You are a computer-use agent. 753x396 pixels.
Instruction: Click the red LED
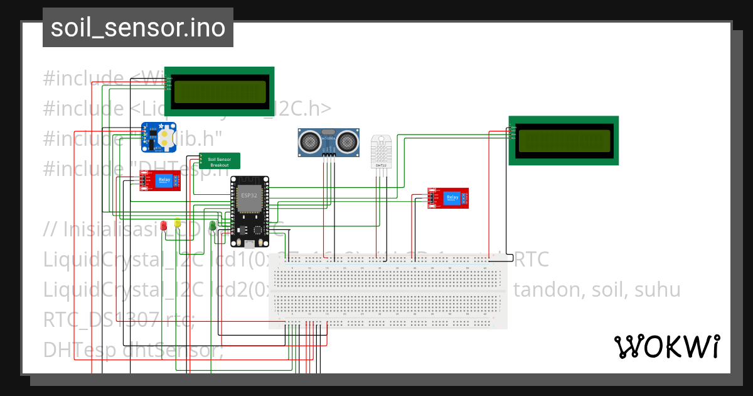(x=164, y=224)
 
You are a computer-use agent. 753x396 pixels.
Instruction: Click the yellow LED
(x=178, y=223)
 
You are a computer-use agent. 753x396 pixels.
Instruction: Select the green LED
(x=213, y=224)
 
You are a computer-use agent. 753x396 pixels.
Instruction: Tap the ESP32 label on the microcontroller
(x=249, y=195)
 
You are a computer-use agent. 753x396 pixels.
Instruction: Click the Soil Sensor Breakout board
(x=220, y=161)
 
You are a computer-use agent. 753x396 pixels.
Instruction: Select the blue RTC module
(x=158, y=137)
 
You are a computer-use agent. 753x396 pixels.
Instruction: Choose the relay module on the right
(x=448, y=198)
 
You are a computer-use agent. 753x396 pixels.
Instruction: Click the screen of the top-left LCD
(x=219, y=91)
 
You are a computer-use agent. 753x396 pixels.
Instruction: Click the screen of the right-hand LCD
(x=563, y=141)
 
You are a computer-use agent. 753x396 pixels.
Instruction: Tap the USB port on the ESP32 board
(x=250, y=244)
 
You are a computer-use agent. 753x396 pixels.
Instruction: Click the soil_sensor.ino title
(x=138, y=28)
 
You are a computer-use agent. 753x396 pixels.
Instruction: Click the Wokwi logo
(x=666, y=346)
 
